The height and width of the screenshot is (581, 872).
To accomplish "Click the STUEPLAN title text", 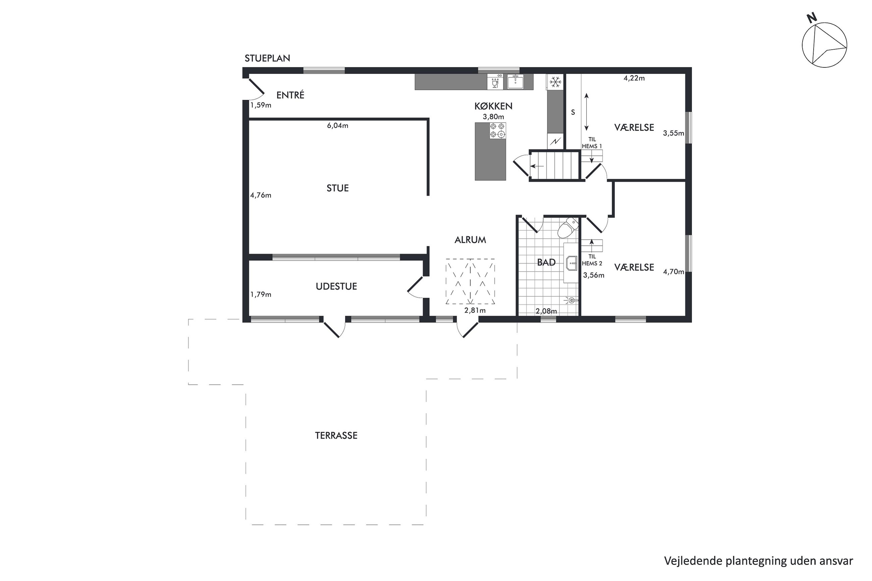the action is click(267, 58).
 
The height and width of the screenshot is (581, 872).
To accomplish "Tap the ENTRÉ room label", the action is click(290, 95).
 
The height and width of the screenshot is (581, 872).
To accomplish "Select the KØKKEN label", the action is click(493, 106).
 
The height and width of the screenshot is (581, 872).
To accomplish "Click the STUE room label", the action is click(337, 188).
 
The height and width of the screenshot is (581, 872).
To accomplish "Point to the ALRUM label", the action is click(470, 240).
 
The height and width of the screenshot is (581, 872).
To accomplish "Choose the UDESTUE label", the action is click(336, 286).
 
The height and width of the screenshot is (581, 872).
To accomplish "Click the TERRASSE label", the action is click(336, 435).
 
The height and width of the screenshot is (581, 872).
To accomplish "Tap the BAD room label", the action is click(546, 263).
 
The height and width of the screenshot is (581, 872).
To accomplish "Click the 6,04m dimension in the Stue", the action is click(337, 126).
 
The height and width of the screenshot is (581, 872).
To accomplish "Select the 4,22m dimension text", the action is click(634, 78).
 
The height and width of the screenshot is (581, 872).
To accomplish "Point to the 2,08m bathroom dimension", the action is click(546, 311).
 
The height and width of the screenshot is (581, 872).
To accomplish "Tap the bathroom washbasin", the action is click(571, 263).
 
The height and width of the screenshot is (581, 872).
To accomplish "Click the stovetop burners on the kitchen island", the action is click(497, 131).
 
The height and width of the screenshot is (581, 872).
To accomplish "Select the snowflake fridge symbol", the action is click(555, 82).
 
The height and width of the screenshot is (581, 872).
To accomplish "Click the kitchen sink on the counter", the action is click(515, 82).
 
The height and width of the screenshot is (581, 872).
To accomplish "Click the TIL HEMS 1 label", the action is click(592, 143).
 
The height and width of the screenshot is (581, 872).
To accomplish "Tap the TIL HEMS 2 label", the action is click(592, 260).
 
